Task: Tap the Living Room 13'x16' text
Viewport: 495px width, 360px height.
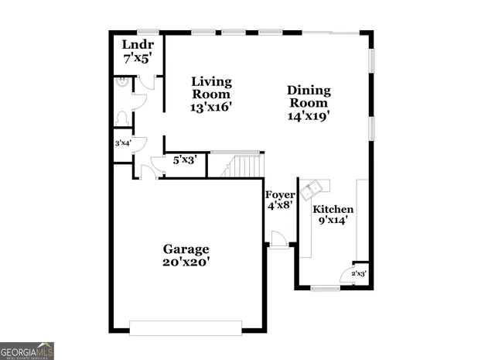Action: (x=211, y=94)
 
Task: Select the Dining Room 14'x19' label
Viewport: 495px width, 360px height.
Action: (x=309, y=102)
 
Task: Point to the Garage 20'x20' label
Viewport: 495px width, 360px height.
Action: (x=186, y=255)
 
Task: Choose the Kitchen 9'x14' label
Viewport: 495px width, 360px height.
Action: (x=333, y=214)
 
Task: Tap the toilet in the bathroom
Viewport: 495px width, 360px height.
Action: (x=121, y=118)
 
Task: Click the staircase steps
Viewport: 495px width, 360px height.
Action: (x=244, y=166)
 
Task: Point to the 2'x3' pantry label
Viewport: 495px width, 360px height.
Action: (x=359, y=273)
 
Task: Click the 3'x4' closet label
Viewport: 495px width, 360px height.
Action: (x=123, y=143)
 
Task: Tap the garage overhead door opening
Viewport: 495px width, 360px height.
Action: (x=186, y=327)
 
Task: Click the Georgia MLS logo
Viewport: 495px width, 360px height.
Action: (x=27, y=350)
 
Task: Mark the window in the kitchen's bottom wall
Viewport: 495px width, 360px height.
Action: (x=326, y=289)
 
